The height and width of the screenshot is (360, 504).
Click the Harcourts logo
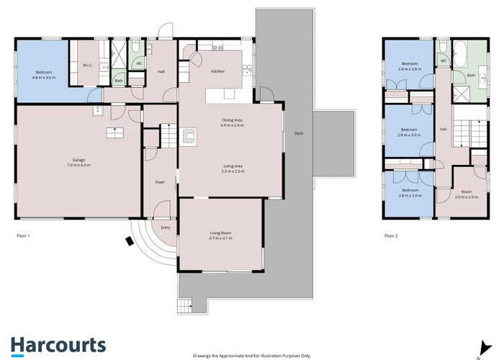58,345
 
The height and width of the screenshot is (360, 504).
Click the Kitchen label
217,72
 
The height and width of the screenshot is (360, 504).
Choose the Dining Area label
232,122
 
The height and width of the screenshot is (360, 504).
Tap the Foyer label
160,181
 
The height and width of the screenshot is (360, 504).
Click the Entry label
166,228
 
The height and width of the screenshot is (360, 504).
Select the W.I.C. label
88,66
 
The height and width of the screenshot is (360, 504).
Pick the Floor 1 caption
23,235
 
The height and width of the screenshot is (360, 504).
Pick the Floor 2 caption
391,235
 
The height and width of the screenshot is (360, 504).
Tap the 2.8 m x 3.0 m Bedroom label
411,132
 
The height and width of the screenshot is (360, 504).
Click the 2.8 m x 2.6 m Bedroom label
411,192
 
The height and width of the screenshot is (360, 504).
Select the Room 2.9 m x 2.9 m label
467,194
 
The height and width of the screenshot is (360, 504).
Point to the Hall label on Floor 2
442,130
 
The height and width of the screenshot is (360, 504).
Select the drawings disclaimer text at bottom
251,354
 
